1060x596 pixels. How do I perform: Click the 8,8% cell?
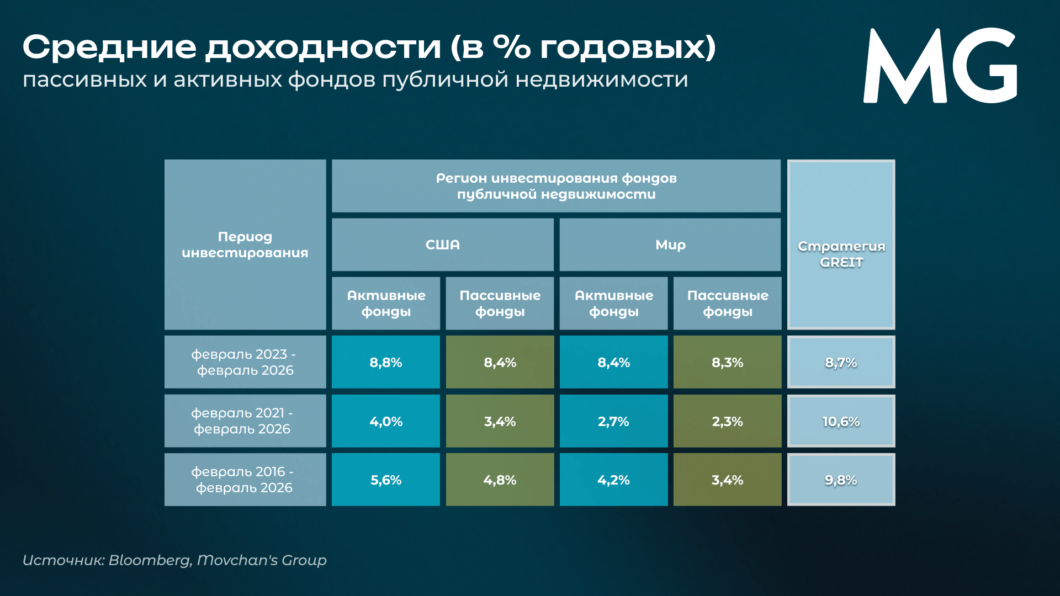pyautogui.click(x=385, y=363)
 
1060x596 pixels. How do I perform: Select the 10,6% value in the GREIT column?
pyautogui.click(x=841, y=422)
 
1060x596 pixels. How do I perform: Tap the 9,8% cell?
pyautogui.click(x=841, y=480)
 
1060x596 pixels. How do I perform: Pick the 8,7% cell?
pyautogui.click(x=841, y=363)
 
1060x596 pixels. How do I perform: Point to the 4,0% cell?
pyautogui.click(x=385, y=422)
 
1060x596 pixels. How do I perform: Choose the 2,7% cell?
pyautogui.click(x=613, y=422)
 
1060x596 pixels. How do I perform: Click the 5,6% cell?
pyautogui.click(x=385, y=480)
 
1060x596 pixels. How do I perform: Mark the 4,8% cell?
pyautogui.click(x=500, y=480)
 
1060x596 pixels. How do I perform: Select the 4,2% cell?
pyautogui.click(x=613, y=480)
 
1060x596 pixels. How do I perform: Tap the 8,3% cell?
pyautogui.click(x=727, y=363)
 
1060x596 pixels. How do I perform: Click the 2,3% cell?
pyautogui.click(x=727, y=422)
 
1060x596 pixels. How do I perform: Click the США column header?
pyautogui.click(x=442, y=245)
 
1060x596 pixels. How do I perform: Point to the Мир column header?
pyautogui.click(x=670, y=245)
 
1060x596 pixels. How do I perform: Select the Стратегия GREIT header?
pyautogui.click(x=841, y=254)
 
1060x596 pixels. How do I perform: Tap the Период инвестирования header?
pyautogui.click(x=245, y=244)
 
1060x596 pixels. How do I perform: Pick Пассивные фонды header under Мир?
pyautogui.click(x=727, y=304)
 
